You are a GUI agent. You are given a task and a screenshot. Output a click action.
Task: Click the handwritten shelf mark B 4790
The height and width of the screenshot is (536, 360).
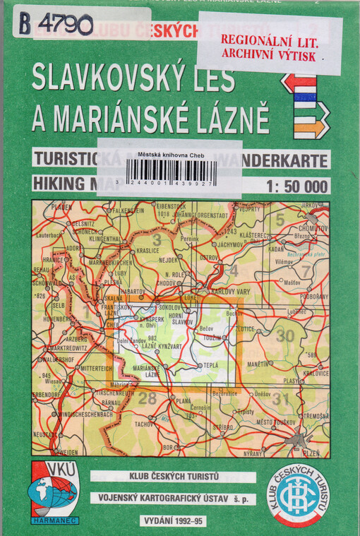56,24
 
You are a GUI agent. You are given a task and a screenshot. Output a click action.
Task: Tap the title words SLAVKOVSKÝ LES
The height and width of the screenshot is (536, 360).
133,79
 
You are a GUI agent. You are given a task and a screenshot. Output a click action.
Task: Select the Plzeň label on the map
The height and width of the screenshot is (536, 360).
308,452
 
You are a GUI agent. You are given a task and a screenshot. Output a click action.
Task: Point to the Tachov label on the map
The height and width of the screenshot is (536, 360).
145,424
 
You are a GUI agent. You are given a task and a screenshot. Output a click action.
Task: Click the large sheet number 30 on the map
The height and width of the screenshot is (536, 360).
284,336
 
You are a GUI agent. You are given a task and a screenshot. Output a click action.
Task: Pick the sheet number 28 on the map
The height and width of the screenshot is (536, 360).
147,398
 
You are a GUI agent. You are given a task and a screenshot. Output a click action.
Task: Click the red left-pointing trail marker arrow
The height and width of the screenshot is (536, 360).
298,83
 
